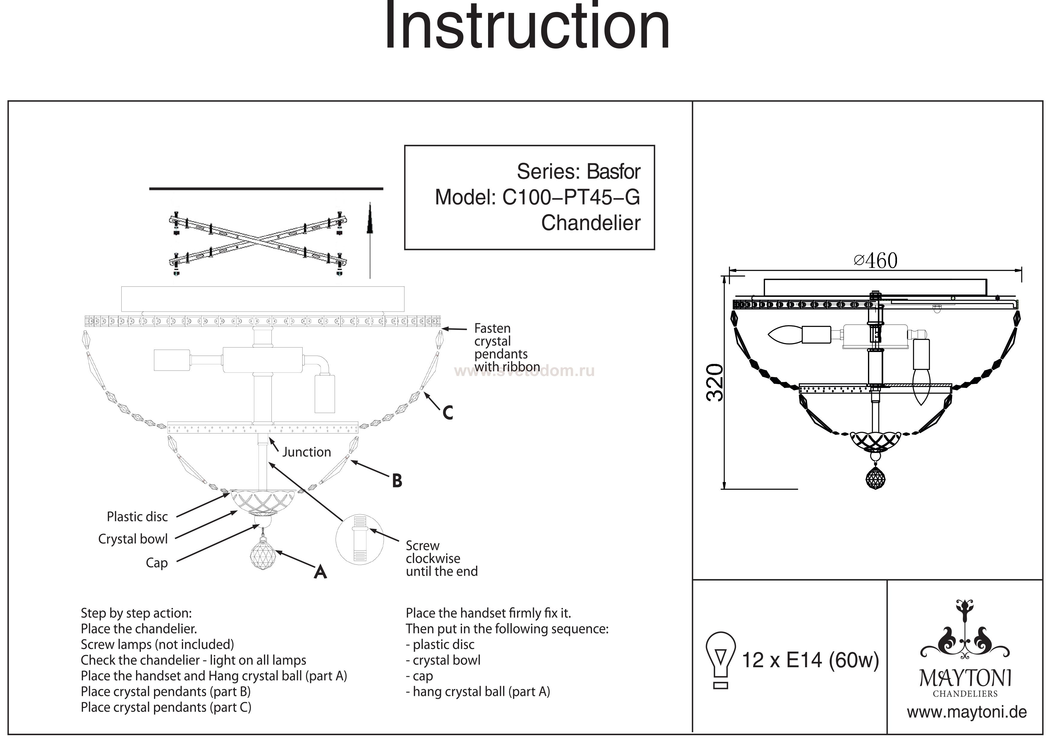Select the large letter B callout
coord(397,481)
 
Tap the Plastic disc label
coord(137,517)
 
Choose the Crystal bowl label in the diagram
coord(133,539)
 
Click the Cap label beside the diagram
coord(157,563)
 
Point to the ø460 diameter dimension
coord(875,261)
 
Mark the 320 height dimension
coord(715,383)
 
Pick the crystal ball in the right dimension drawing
coord(875,479)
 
